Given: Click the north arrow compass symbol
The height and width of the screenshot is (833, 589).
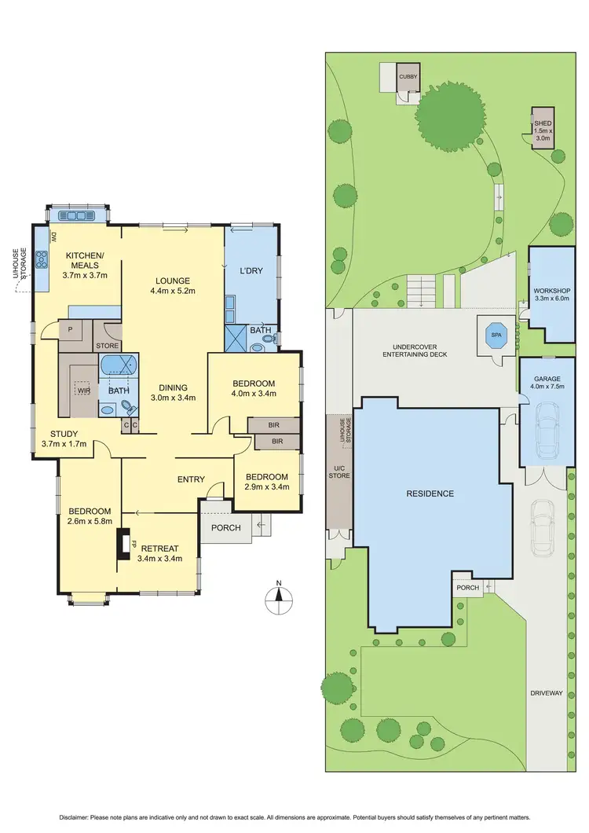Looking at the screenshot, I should click(x=278, y=600).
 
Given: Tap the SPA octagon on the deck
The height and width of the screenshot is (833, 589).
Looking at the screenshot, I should click(x=496, y=334).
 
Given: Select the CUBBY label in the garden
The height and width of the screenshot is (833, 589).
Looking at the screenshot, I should click(x=408, y=77).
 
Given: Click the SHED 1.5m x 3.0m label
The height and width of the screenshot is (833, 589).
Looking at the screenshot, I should click(x=543, y=130).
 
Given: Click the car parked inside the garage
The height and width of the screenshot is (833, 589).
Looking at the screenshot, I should click(x=546, y=429).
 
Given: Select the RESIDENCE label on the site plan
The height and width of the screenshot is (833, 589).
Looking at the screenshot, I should click(x=430, y=494).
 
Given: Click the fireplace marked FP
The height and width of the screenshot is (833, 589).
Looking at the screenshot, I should click(x=123, y=544).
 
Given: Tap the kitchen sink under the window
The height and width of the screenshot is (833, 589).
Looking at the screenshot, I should click(x=78, y=216).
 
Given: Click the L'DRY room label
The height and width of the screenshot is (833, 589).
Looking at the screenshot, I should click(x=251, y=271).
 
